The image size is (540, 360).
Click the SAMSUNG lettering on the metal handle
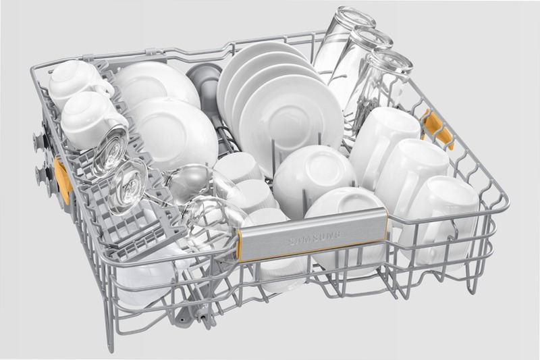[314, 238]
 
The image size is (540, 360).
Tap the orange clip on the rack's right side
[437, 129]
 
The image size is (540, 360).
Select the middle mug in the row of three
[410, 176]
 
